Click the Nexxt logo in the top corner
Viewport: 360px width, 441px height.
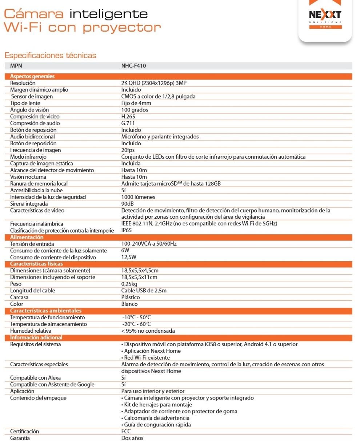click(x=325, y=16)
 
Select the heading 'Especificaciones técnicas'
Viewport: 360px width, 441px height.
click(x=50, y=56)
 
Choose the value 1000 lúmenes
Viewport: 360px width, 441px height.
click(x=138, y=197)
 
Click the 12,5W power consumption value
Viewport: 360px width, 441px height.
click(x=129, y=257)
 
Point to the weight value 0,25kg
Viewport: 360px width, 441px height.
click(x=129, y=284)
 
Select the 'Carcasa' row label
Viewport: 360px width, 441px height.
click(x=19, y=297)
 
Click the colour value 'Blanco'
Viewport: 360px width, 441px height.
click(x=129, y=304)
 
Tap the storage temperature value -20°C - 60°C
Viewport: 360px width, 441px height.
click(x=136, y=324)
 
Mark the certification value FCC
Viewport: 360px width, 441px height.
click(x=126, y=432)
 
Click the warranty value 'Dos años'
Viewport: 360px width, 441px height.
click(x=132, y=438)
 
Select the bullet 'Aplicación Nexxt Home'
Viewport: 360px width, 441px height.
click(x=152, y=351)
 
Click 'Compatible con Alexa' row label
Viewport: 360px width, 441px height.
click(x=35, y=378)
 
